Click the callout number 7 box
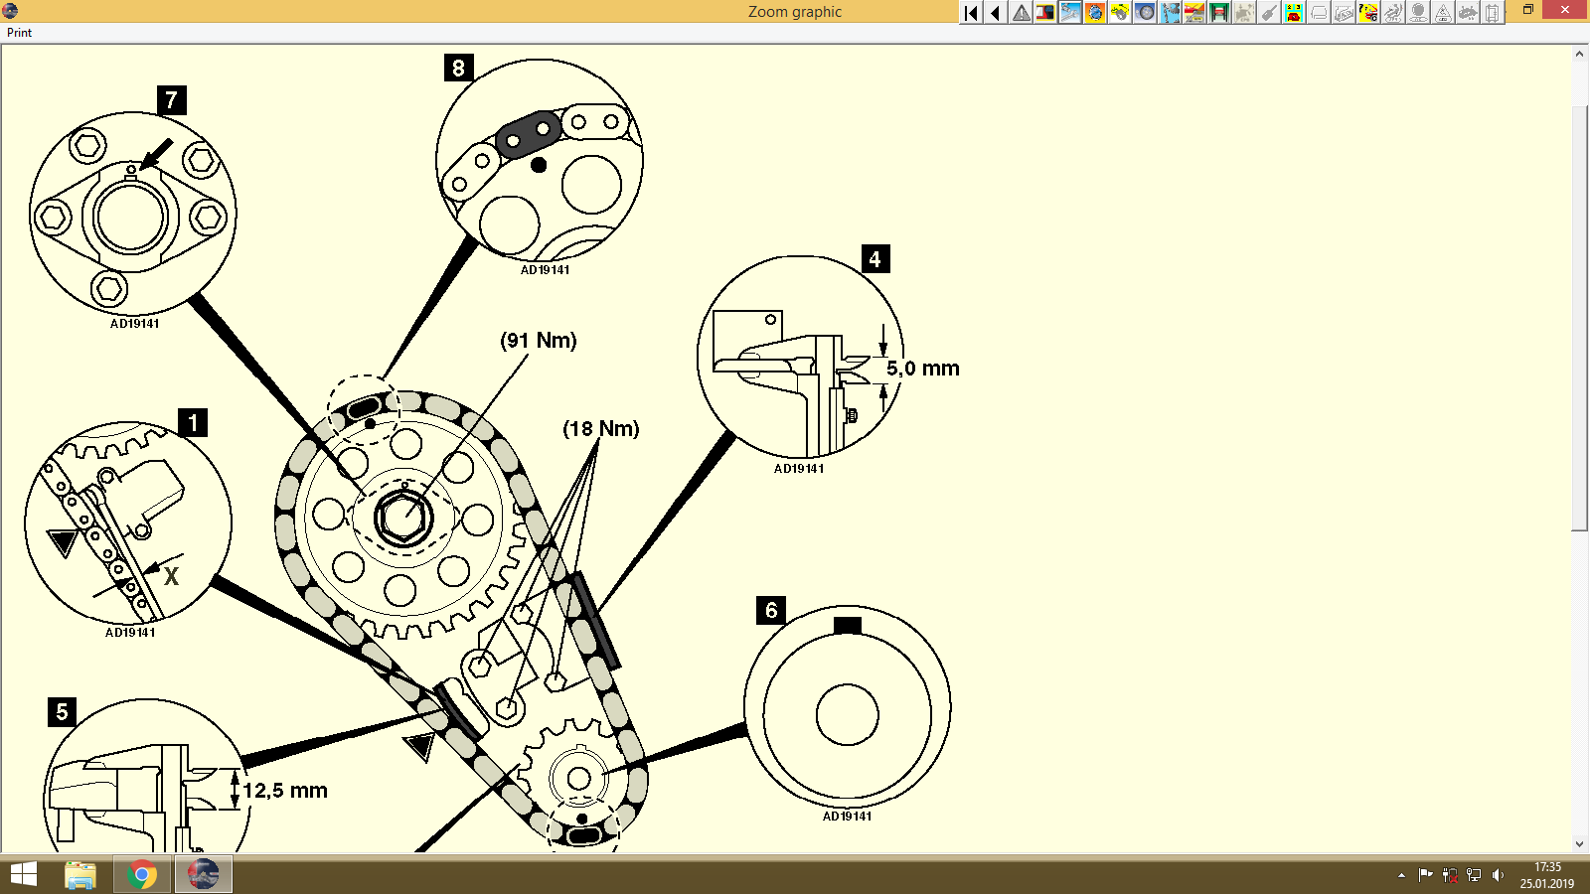tap(172, 99)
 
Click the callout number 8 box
tap(458, 68)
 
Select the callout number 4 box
tap(874, 259)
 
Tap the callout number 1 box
tap(193, 422)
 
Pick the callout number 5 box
tap(62, 711)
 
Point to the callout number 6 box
tap(771, 610)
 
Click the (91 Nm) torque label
tap(538, 341)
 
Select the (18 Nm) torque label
tap(600, 429)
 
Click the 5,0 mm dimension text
tap(922, 369)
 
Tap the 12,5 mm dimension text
tap(285, 791)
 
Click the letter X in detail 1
tap(171, 577)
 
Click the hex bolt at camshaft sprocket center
tap(403, 519)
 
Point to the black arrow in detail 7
tap(156, 155)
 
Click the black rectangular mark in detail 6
tap(848, 625)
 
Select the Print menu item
tap(19, 33)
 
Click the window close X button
tap(1565, 10)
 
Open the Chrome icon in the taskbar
tap(142, 875)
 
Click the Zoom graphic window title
tap(794, 12)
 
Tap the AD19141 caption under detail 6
tap(847, 817)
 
